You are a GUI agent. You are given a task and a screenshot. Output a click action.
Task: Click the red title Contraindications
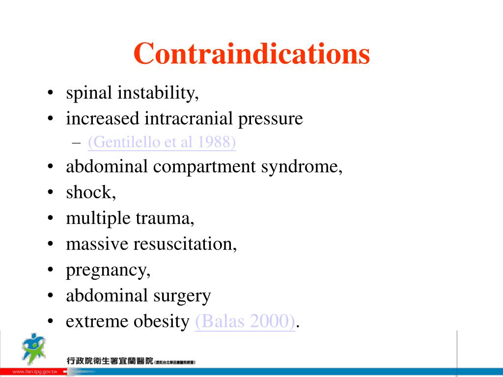click(x=251, y=54)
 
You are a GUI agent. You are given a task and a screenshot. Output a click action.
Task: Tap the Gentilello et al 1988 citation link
click(x=162, y=142)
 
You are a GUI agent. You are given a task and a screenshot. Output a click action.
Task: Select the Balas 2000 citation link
click(x=245, y=322)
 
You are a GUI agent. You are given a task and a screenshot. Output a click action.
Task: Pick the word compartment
click(x=204, y=167)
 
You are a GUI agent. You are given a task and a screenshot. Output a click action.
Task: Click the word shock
click(x=90, y=192)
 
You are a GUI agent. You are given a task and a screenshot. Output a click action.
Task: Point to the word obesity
click(x=161, y=322)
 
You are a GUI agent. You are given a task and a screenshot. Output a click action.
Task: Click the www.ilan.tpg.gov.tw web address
click(x=34, y=372)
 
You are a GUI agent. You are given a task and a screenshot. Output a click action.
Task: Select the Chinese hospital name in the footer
click(x=111, y=361)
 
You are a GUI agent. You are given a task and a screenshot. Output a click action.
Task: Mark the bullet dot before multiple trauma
click(x=51, y=218)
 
